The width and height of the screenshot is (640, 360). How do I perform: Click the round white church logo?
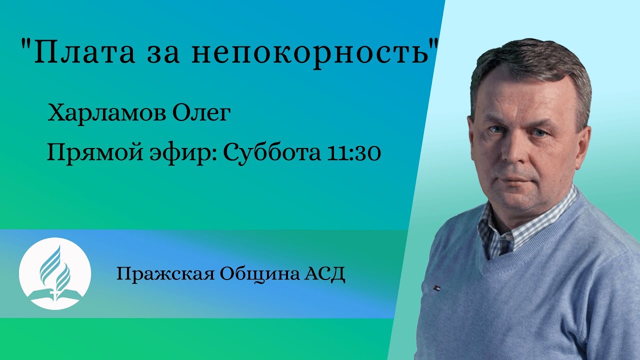(55, 273)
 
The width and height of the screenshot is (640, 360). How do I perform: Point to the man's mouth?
(512, 178)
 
